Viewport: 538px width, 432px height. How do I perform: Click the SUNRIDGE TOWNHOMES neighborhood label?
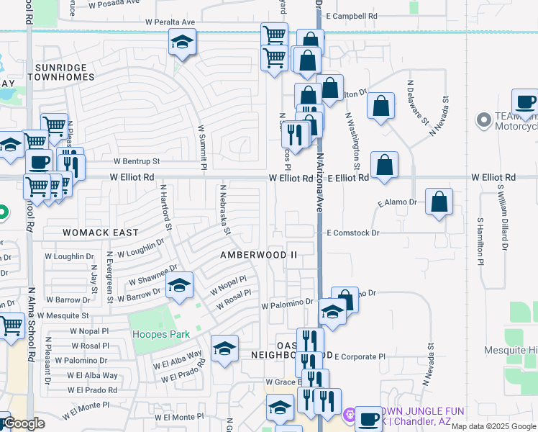60,71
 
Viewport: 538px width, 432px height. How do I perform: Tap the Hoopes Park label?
160,334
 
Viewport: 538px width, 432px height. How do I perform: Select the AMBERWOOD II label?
258,255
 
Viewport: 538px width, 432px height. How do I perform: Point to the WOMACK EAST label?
100,233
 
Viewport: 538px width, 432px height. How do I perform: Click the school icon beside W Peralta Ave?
182,43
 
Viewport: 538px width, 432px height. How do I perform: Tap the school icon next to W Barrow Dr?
179,286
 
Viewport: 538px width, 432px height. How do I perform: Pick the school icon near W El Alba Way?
224,349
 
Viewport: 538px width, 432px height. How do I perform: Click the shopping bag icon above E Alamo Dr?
439,202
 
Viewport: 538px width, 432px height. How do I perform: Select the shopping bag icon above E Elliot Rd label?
386,164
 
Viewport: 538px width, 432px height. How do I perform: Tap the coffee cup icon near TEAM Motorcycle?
525,102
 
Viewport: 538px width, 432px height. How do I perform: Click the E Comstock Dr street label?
352,233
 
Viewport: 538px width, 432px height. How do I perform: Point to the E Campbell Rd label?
351,15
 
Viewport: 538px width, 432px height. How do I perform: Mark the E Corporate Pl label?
360,356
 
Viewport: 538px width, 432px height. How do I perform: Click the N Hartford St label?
166,207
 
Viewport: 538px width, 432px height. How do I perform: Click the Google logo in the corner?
23,424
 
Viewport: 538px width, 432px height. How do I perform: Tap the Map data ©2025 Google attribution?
493,426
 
